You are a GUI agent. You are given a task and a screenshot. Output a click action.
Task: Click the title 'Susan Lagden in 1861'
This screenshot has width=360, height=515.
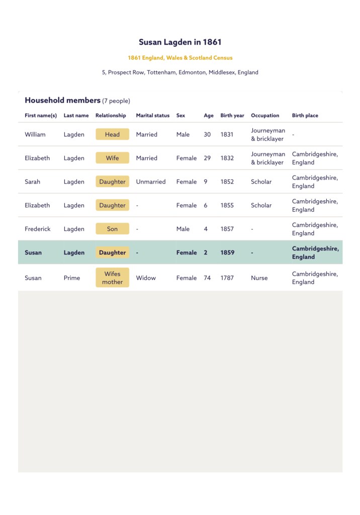tap(180, 42)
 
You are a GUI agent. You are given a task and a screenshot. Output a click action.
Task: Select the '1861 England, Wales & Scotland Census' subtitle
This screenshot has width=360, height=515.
tap(180, 58)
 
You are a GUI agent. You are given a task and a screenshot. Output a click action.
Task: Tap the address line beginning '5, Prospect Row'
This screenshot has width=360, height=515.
tap(180, 72)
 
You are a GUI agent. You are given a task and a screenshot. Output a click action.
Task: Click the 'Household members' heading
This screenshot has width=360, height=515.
tap(63, 101)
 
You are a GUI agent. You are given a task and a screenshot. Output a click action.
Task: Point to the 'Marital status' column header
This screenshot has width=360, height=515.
tap(152, 116)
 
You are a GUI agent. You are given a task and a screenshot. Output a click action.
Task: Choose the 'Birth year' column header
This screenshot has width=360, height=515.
tap(232, 116)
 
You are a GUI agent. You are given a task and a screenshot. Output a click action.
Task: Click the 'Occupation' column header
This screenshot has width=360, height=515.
tap(265, 116)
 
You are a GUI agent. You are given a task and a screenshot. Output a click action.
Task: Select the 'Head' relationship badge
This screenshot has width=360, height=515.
tap(112, 134)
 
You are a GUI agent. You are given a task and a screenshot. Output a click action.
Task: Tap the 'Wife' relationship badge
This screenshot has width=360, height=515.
tap(112, 158)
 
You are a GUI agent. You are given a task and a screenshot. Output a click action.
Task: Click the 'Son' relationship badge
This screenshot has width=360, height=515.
tap(112, 229)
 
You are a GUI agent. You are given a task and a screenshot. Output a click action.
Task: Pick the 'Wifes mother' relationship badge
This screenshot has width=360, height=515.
tap(112, 278)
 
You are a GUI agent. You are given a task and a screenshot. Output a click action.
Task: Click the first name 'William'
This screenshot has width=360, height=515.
tap(35, 134)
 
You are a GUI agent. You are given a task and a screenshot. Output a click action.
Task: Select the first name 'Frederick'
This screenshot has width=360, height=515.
tap(38, 229)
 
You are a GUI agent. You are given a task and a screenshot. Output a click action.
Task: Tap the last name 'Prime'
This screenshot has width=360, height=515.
tap(72, 278)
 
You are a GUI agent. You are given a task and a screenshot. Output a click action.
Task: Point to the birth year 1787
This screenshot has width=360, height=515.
tap(227, 278)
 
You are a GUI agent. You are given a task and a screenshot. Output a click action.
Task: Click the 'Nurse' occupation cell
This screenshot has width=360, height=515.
tap(259, 278)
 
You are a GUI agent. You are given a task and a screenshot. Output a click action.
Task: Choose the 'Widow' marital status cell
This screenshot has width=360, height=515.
tap(146, 278)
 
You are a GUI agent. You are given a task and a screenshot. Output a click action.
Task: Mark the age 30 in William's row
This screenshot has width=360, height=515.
tap(207, 134)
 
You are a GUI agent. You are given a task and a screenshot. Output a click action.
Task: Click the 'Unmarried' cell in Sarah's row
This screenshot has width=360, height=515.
tap(150, 182)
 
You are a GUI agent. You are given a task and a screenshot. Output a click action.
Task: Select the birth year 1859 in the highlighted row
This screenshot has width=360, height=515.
tap(227, 252)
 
